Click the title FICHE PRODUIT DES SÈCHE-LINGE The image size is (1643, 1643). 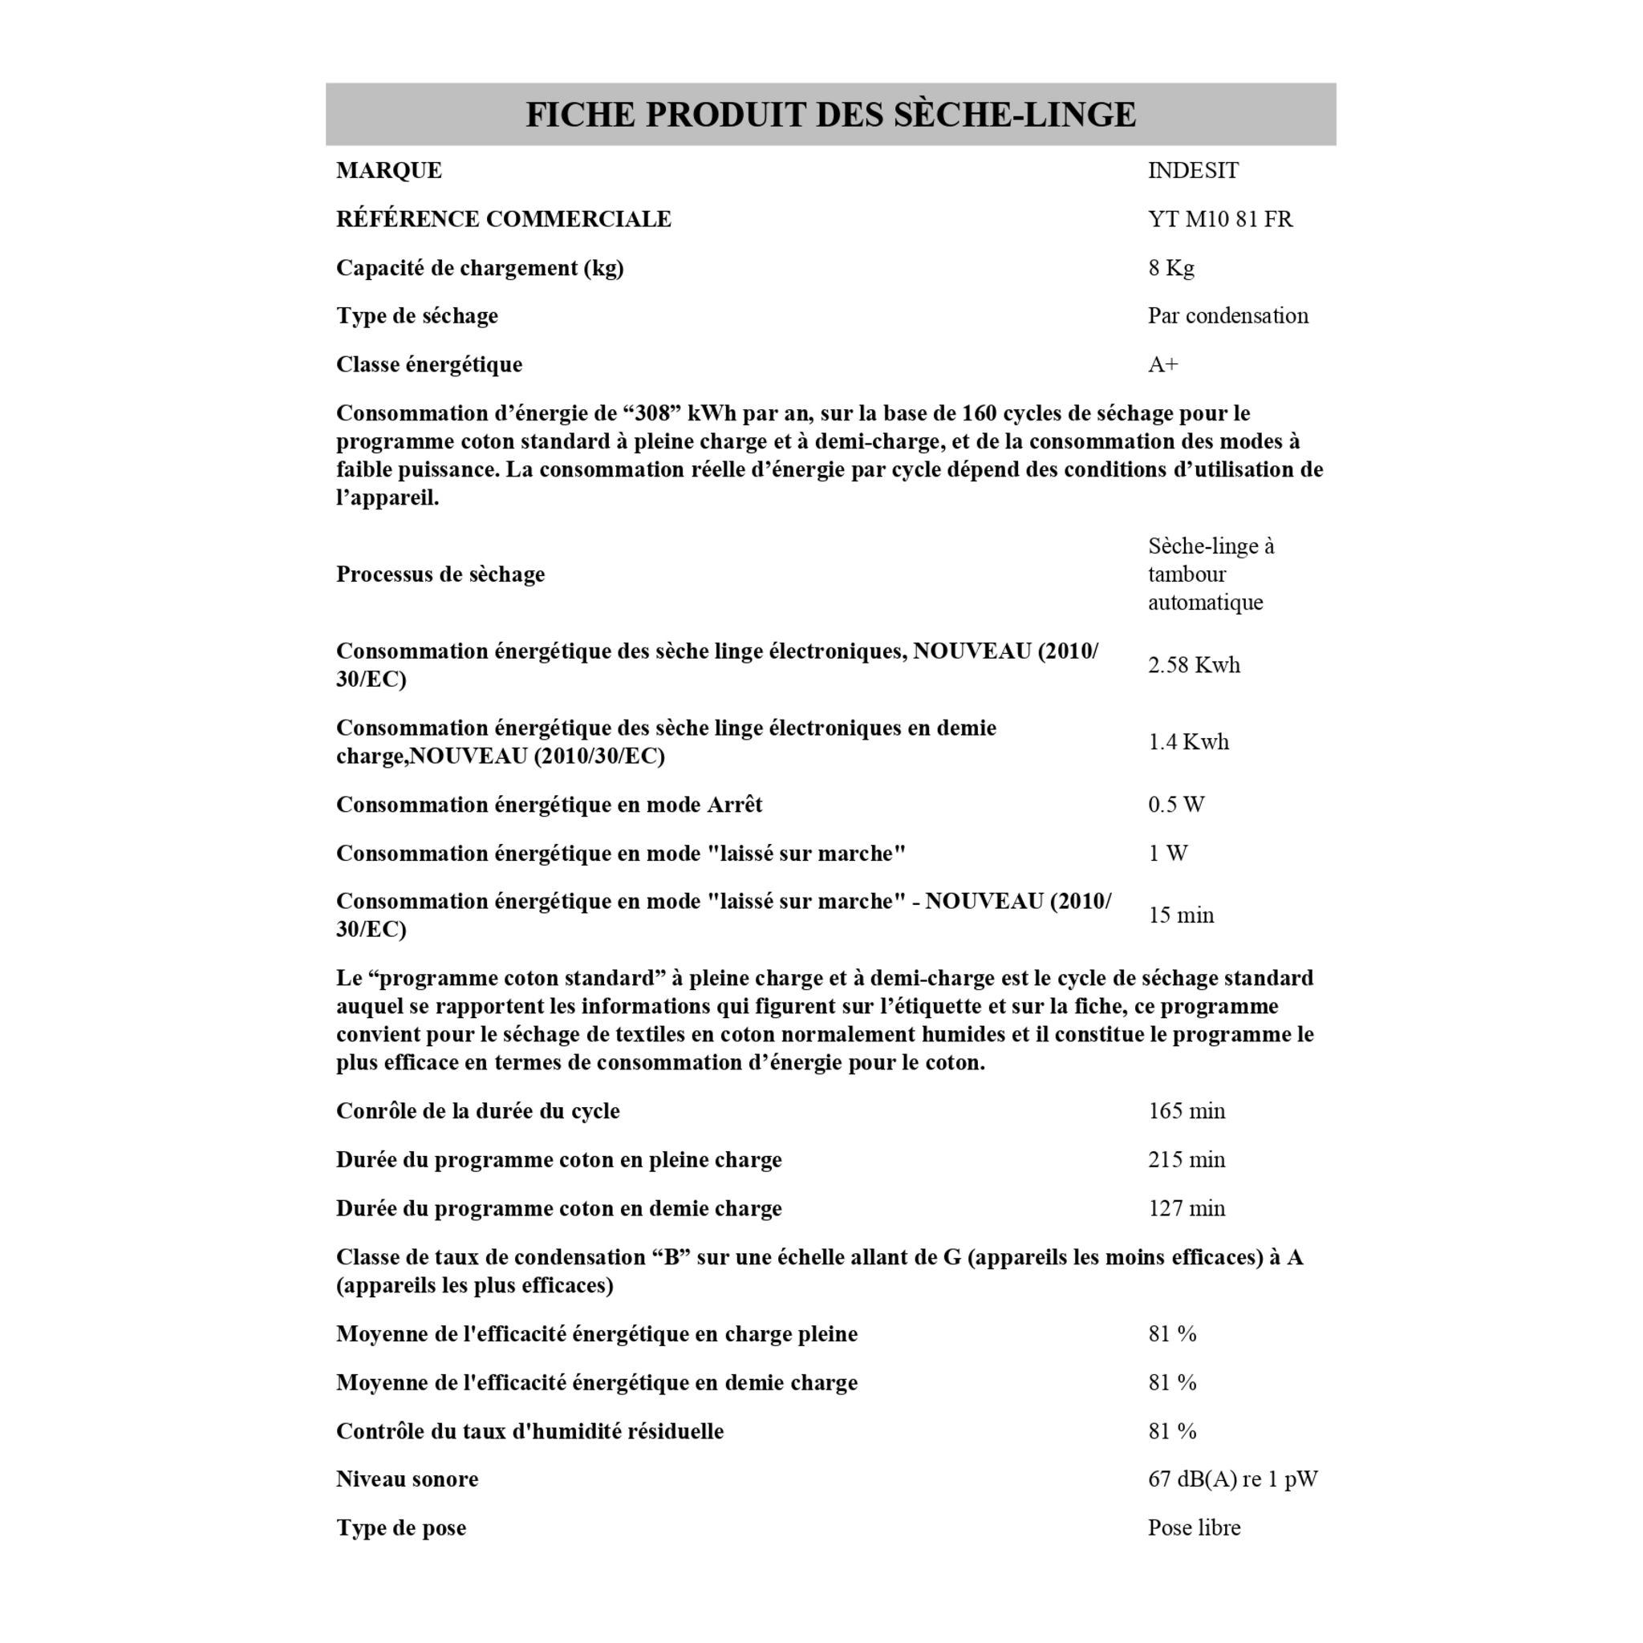(x=830, y=115)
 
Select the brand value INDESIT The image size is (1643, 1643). (x=1193, y=171)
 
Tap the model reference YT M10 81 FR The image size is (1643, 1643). (x=1219, y=219)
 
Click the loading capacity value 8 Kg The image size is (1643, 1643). (x=1171, y=268)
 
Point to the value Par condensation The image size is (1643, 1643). (x=1227, y=315)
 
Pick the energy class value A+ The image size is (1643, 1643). (x=1162, y=365)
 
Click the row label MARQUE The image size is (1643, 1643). (x=388, y=171)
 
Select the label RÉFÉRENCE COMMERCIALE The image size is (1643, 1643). (x=504, y=219)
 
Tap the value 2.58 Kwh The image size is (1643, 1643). (x=1193, y=665)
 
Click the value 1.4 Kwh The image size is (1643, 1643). (x=1188, y=742)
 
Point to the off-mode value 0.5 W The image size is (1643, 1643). (x=1175, y=805)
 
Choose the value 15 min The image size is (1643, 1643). (x=1180, y=916)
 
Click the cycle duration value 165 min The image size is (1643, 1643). (x=1187, y=1111)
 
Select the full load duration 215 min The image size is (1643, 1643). (x=1187, y=1160)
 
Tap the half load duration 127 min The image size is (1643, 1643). (x=1187, y=1208)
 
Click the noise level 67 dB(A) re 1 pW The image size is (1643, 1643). (x=1232, y=1479)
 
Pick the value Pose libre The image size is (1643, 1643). (x=1193, y=1527)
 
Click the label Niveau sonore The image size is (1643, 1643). (x=407, y=1479)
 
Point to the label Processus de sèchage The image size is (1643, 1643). (x=440, y=574)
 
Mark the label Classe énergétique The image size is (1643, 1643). (x=428, y=365)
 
